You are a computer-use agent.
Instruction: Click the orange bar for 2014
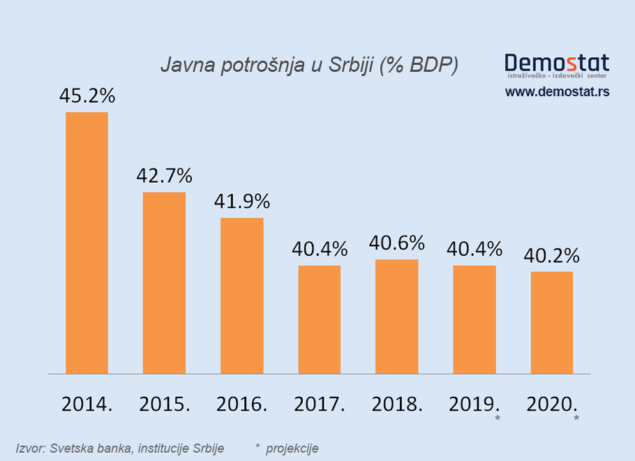click(x=87, y=243)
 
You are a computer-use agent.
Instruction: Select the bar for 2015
click(x=164, y=282)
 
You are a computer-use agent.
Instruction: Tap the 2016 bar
click(x=242, y=296)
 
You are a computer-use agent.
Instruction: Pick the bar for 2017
click(x=320, y=319)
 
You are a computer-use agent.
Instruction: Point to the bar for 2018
click(x=397, y=317)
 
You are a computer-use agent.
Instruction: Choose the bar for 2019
click(x=475, y=319)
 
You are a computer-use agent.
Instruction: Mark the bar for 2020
click(x=552, y=322)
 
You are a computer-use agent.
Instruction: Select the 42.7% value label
click(x=164, y=176)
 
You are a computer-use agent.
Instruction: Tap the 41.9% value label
click(x=242, y=202)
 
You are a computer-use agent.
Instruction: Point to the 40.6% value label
click(x=397, y=243)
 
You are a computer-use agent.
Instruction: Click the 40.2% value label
click(x=552, y=255)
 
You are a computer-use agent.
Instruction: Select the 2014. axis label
click(x=87, y=404)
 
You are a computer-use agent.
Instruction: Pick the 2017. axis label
click(x=320, y=404)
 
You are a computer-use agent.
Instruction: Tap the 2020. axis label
click(x=552, y=404)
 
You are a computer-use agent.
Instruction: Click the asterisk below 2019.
click(x=497, y=418)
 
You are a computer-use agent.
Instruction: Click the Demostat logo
click(x=557, y=63)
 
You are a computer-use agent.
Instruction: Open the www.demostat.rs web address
click(x=557, y=91)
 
